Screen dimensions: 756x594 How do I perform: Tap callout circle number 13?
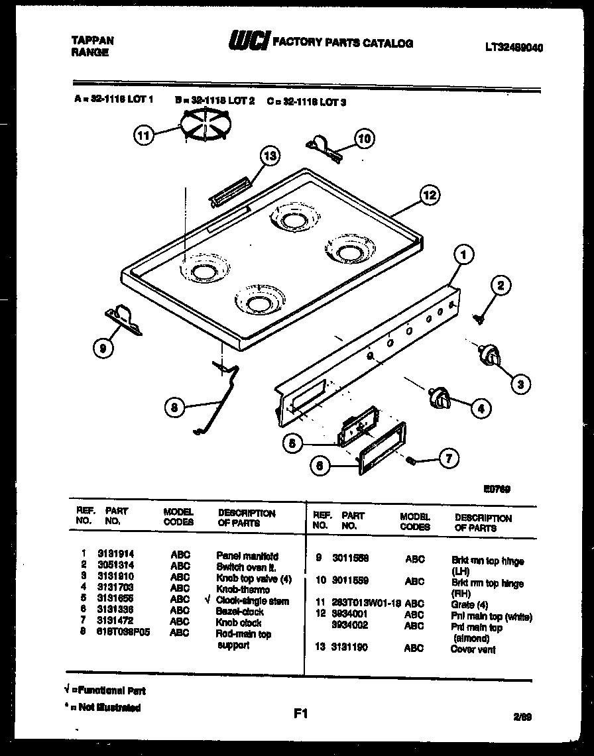(269, 156)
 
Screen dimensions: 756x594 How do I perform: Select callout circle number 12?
(430, 195)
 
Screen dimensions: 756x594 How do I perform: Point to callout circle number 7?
(449, 458)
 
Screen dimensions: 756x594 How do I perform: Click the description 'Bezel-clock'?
(239, 612)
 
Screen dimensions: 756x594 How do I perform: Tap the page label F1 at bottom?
(301, 714)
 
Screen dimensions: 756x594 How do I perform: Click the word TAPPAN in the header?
(92, 40)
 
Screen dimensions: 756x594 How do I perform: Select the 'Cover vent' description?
(473, 649)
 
